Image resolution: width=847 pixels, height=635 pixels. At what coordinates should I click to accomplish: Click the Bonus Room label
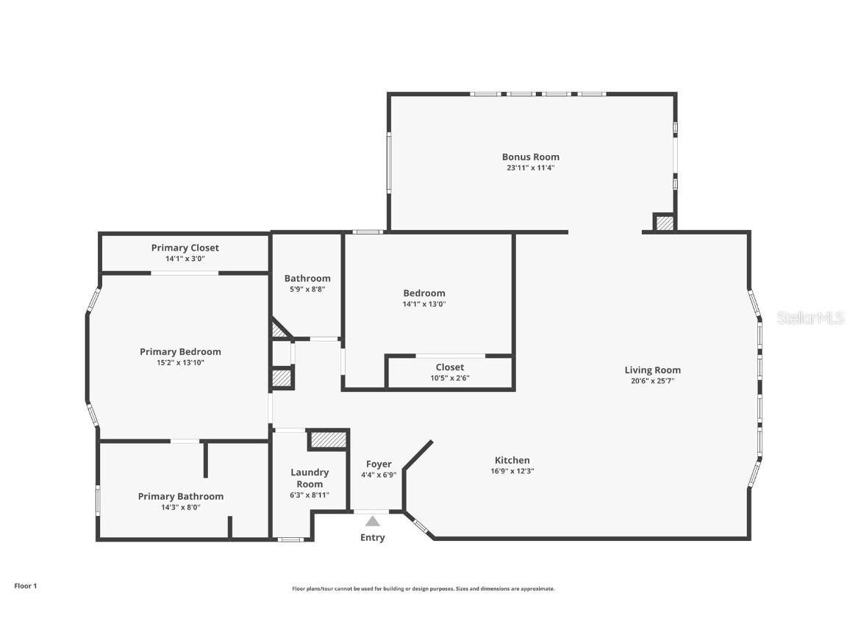[x=530, y=157]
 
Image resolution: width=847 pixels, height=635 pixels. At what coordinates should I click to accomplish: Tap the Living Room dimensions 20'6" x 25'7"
[x=652, y=381]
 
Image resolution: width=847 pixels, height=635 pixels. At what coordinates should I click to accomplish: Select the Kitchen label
[x=512, y=460]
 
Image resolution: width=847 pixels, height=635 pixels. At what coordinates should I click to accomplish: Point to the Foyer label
[x=379, y=464]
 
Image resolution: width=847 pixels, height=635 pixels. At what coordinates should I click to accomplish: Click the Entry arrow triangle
[x=373, y=521]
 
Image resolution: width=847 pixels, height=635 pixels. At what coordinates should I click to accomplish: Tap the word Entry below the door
[x=372, y=537]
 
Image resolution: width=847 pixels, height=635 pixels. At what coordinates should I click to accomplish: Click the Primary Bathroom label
[x=180, y=496]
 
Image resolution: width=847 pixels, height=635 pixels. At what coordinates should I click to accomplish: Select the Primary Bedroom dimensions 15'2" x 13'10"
[x=180, y=362]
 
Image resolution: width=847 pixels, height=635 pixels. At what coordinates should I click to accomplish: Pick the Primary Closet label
[x=185, y=248]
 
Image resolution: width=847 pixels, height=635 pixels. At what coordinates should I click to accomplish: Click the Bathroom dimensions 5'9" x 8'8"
[x=307, y=289]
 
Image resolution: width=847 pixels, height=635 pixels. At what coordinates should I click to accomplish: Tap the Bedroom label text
[x=424, y=293]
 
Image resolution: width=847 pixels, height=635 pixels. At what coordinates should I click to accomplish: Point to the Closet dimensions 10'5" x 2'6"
[x=449, y=378]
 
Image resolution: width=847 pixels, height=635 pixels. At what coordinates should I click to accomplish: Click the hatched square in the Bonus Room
[x=665, y=223]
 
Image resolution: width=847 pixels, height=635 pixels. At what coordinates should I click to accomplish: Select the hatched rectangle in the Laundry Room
[x=327, y=440]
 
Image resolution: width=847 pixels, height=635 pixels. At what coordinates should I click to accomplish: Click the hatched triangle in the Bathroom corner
[x=279, y=330]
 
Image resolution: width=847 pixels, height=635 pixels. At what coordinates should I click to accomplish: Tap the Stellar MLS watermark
[x=810, y=317]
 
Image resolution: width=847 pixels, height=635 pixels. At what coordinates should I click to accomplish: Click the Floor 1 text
[x=25, y=586]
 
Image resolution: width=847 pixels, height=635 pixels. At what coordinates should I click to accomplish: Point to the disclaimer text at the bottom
[x=423, y=589]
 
